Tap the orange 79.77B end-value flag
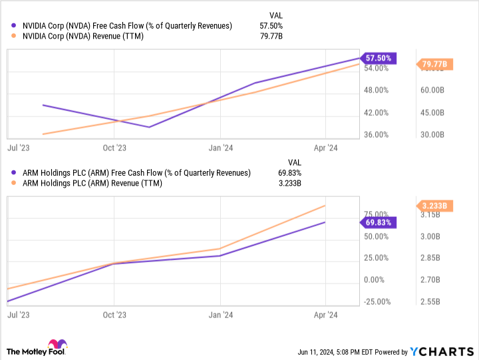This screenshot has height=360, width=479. (x=434, y=65)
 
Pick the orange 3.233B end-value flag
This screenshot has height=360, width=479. (x=434, y=206)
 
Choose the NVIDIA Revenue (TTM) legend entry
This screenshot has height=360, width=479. (x=86, y=36)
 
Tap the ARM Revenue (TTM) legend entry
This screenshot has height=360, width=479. (x=96, y=183)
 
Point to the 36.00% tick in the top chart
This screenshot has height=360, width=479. (x=376, y=134)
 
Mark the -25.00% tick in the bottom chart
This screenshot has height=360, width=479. (x=376, y=301)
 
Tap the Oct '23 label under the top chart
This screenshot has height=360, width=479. (x=114, y=148)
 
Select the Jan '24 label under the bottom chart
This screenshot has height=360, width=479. (x=220, y=315)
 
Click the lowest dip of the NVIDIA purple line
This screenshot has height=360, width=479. (x=149, y=127)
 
